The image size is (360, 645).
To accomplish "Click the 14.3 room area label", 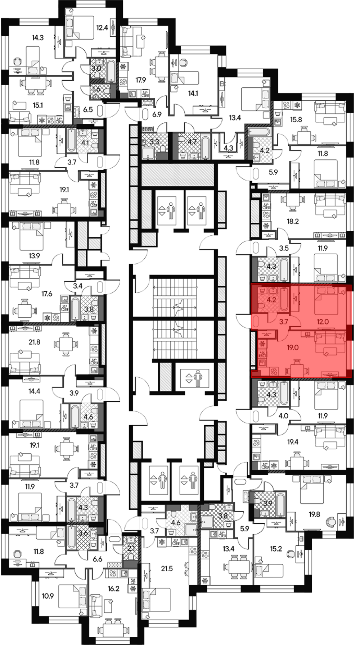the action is coord(37,37).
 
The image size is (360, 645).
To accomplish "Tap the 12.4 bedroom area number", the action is coord(102,27).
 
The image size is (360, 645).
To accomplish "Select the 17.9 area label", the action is coord(141,80).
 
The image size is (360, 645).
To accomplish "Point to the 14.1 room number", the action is coord(193,94).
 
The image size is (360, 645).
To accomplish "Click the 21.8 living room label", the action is coord(35,342).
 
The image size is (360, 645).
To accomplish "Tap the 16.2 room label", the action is coord(113,589).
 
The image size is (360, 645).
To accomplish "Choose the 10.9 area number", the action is coord(48,596).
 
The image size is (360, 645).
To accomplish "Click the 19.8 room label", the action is coord(314,514).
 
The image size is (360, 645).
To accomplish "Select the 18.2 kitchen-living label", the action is coord(293,222).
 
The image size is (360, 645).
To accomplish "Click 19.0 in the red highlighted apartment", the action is coord(293,348).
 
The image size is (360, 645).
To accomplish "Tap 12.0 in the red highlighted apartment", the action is coord(323,322).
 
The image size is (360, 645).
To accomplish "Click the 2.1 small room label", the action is coord(131,548).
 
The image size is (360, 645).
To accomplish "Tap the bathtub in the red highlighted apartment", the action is coord(284,299).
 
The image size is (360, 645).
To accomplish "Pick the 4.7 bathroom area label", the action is coord(193,142).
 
